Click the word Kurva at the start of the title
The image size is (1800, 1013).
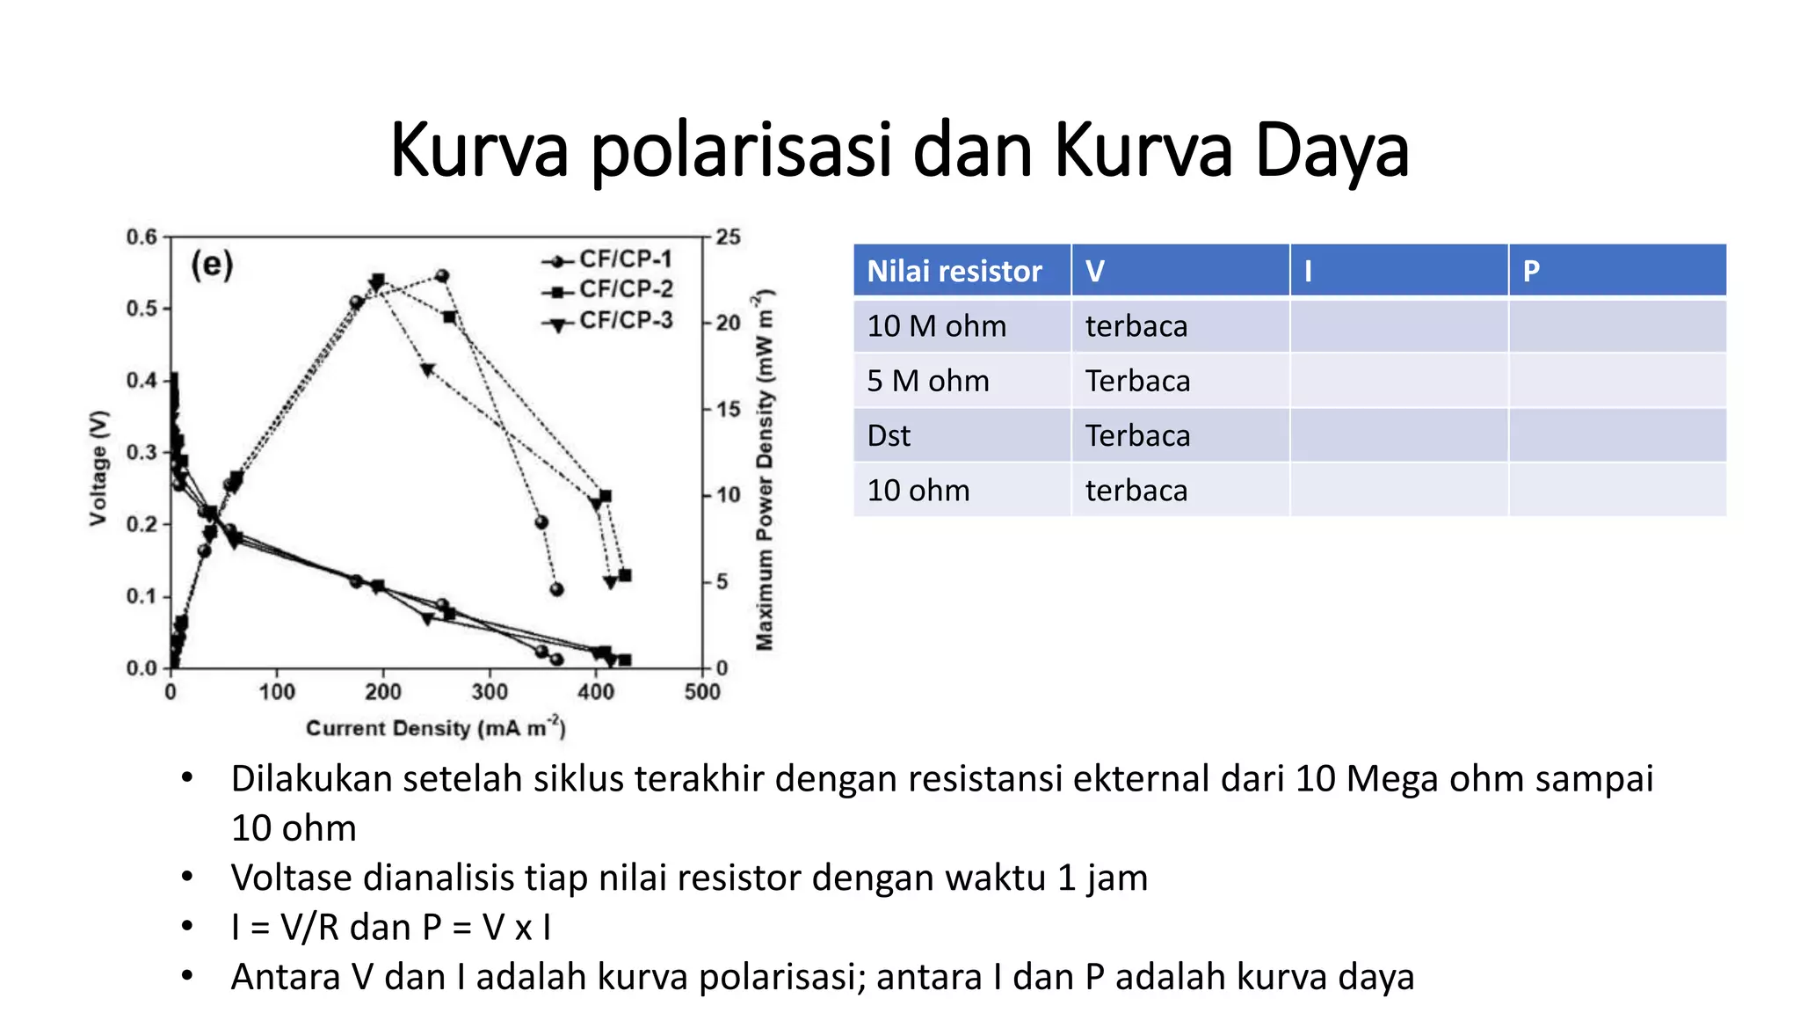tap(479, 150)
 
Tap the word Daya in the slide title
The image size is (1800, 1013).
tap(1332, 150)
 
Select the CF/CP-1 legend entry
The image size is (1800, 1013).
tap(624, 259)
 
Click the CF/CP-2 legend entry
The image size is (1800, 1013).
tap(625, 289)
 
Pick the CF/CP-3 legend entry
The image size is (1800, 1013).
tap(625, 320)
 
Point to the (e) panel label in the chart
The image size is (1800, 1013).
tap(212, 264)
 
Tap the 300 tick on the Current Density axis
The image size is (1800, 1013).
tap(490, 692)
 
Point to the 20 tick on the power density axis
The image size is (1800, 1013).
tap(728, 323)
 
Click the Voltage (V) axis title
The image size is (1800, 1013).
tap(98, 468)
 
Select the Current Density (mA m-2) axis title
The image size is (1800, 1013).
tap(435, 728)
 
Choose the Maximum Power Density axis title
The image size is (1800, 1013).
tap(765, 470)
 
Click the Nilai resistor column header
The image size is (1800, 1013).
tap(954, 271)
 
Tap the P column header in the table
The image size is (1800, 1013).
tap(1531, 271)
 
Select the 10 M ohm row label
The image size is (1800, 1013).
tap(937, 326)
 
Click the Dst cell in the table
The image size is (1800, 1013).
tap(889, 436)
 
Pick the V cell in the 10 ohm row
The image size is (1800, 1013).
tap(1136, 491)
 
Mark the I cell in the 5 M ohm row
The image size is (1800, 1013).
tap(1398, 381)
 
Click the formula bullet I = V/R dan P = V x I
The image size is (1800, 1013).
tap(390, 928)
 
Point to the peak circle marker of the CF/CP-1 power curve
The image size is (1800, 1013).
tap(442, 276)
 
